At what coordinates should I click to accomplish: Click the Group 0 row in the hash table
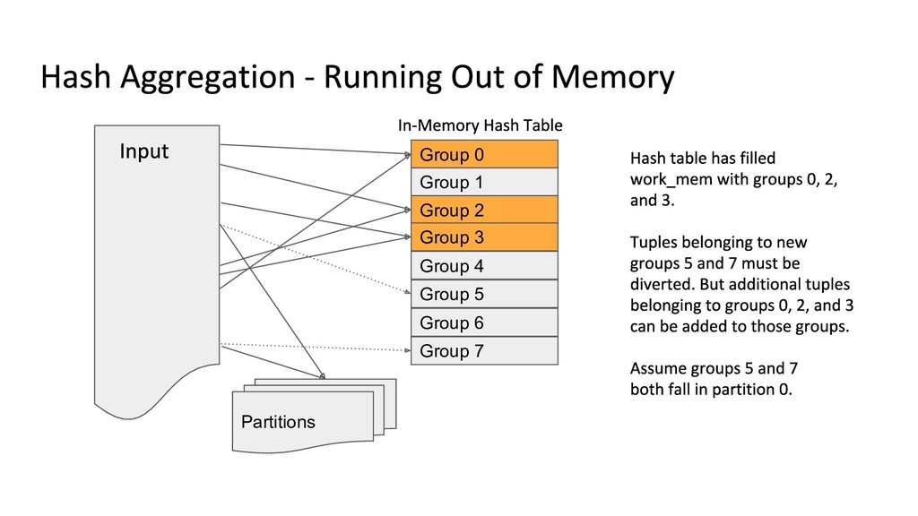pos(484,154)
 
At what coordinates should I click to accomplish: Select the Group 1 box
pos(484,182)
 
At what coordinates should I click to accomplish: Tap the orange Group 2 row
pos(484,210)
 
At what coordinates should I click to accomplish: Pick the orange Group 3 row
pos(484,236)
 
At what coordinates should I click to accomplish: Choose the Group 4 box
pos(484,265)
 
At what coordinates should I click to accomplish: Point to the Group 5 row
pos(484,294)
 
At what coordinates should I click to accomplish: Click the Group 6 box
pos(484,322)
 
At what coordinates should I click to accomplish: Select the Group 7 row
pos(484,350)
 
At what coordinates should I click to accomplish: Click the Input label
pos(144,151)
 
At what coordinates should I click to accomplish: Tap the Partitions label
pos(278,422)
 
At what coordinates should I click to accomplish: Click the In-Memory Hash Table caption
pos(481,125)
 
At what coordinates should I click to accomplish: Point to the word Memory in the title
pos(613,78)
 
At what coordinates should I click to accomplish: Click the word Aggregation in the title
pos(208,78)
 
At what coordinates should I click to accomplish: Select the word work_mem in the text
pos(671,179)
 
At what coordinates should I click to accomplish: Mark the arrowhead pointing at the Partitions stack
pos(322,376)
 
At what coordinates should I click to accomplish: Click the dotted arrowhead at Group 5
pos(408,291)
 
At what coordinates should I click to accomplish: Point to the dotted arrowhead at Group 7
pos(408,350)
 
